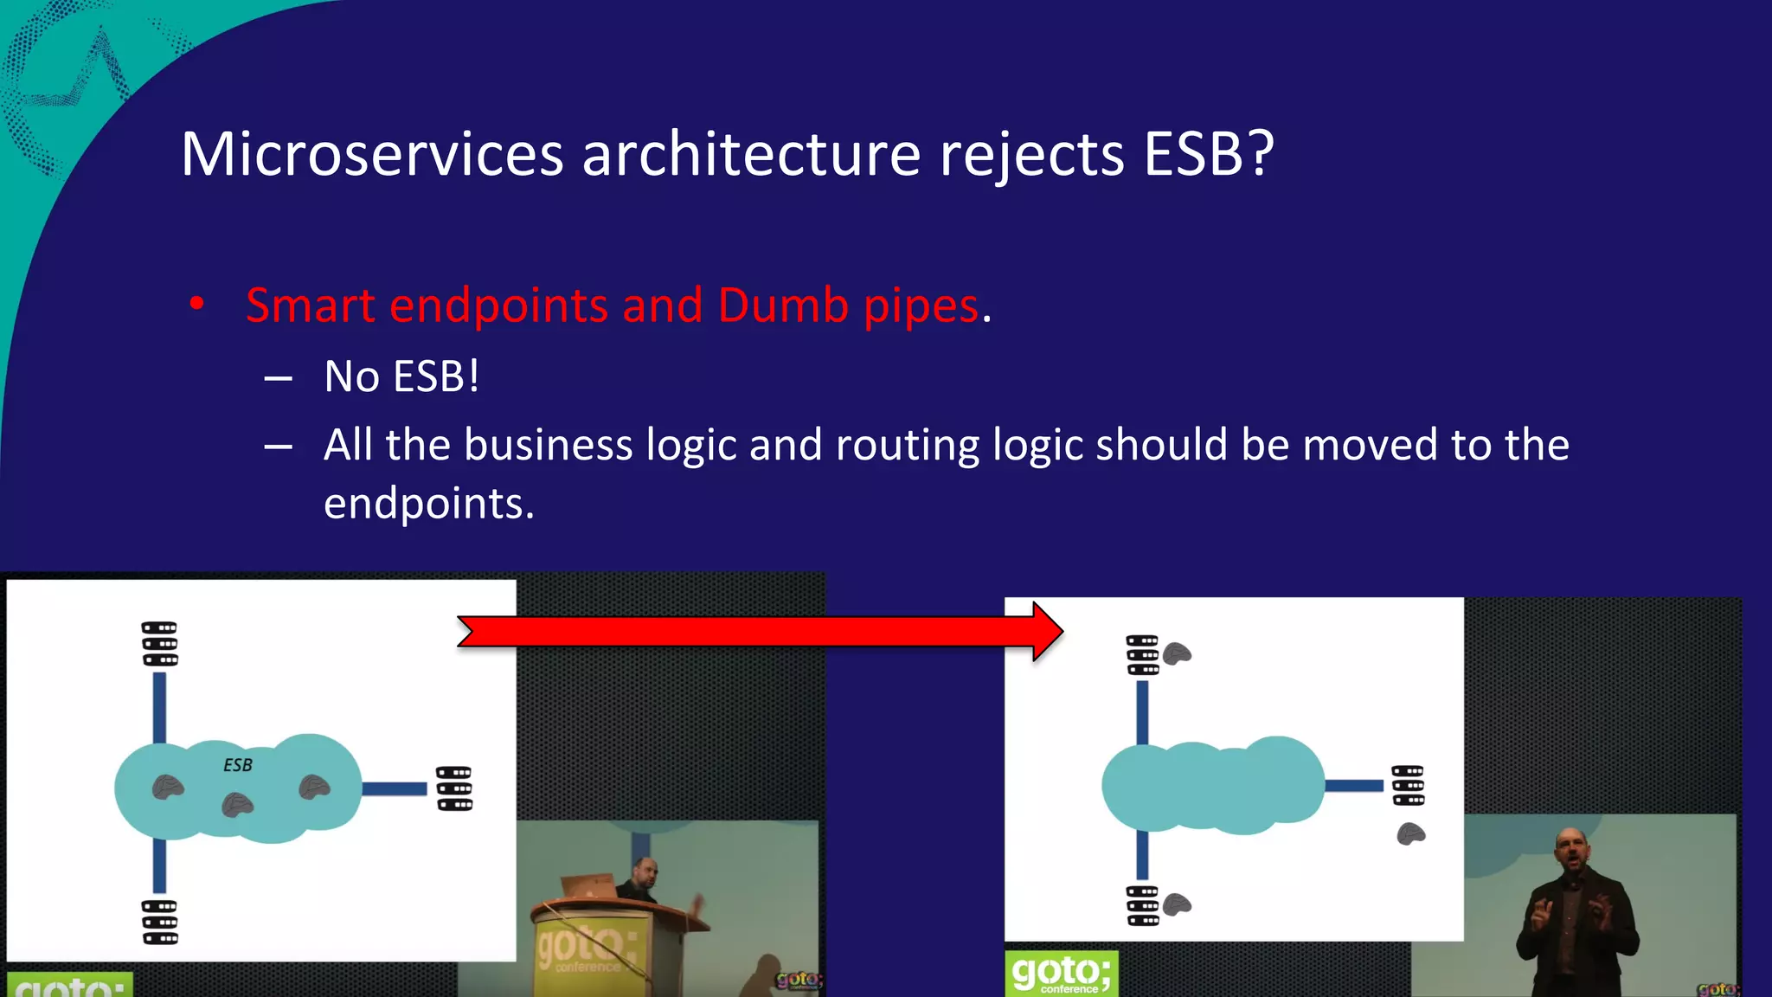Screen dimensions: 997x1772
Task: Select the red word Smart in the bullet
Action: tap(311, 306)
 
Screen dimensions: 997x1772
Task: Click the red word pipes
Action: tap(921, 307)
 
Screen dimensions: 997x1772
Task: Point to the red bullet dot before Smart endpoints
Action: tap(197, 304)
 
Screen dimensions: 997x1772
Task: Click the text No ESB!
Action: tap(401, 376)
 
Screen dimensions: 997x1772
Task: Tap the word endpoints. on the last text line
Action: tap(428, 504)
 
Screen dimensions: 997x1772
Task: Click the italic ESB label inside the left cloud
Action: tap(238, 765)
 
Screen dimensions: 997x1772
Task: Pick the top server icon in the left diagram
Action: tap(160, 644)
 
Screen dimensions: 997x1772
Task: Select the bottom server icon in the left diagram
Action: tap(160, 922)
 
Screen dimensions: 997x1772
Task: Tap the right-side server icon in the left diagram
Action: tap(454, 788)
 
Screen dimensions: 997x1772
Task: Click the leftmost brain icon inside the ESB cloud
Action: tap(168, 787)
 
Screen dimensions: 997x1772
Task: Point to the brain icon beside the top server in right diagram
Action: tap(1177, 653)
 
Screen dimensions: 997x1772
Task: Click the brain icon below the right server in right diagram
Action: tap(1411, 834)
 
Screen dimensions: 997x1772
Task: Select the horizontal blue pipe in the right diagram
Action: tap(1354, 786)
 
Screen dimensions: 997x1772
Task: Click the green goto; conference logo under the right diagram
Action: tap(1061, 974)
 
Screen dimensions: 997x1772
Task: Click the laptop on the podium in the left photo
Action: tap(589, 886)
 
